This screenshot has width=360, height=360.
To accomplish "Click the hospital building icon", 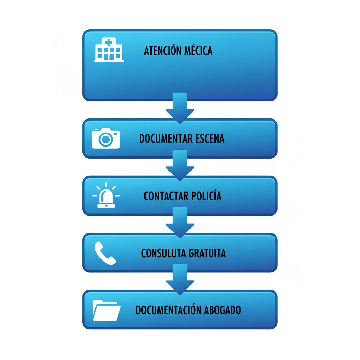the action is point(109,50).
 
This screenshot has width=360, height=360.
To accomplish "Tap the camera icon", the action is point(106,138).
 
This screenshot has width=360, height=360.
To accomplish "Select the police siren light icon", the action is point(106,195).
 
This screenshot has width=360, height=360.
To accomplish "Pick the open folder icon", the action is point(107,310).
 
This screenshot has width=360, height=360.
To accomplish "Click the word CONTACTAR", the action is point(166,196).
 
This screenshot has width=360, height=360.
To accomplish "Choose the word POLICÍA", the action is point(206,195).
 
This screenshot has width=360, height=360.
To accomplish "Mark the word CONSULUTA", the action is point(163,253).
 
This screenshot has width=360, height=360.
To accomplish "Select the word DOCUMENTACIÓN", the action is point(168,310).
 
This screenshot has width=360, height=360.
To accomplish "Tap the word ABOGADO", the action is point(223,310).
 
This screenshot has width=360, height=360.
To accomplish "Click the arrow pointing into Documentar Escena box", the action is point(180,108).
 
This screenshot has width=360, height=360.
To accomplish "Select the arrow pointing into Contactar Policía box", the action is point(180,165).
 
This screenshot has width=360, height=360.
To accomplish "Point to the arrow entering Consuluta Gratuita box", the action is point(180,223).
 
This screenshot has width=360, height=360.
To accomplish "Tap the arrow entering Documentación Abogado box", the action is point(180,279).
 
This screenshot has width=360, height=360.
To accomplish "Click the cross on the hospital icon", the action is point(109,42).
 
